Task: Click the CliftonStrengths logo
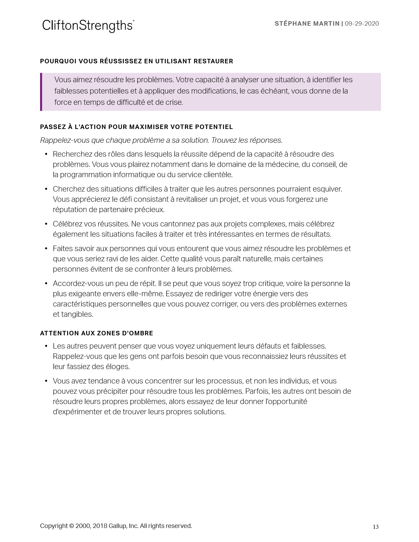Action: pyautogui.click(x=88, y=26)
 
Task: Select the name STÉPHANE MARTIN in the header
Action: pyautogui.click(x=307, y=24)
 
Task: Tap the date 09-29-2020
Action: pyautogui.click(x=362, y=24)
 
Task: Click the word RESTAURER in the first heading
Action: pyautogui.click(x=213, y=61)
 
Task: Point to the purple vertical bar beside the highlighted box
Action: pyautogui.click(x=41, y=92)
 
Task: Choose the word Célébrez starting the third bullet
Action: pyautogui.click(x=67, y=224)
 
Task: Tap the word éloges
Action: pyautogui.click(x=118, y=367)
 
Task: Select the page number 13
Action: pyautogui.click(x=376, y=527)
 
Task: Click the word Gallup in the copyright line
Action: pyautogui.click(x=118, y=526)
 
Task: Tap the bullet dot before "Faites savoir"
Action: pyautogui.click(x=46, y=249)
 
